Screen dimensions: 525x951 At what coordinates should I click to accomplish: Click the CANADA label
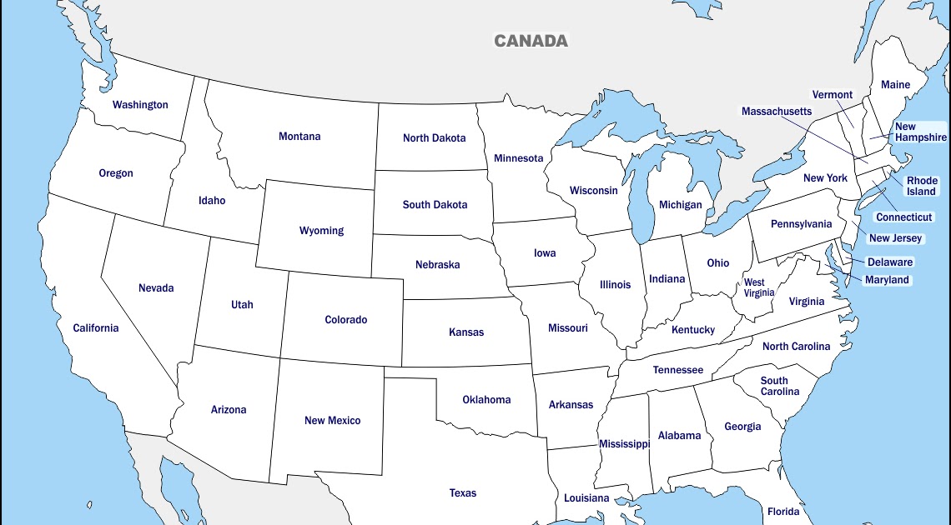click(531, 41)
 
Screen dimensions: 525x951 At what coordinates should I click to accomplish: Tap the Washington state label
click(140, 105)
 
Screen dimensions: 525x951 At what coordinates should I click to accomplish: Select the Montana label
click(299, 137)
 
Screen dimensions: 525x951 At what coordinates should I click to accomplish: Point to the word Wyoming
click(321, 231)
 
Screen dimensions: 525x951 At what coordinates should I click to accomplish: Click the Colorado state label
click(345, 320)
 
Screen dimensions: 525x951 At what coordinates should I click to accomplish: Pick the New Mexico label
click(332, 421)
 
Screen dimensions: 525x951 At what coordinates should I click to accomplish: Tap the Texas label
click(463, 493)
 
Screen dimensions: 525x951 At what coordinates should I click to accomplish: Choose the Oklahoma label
click(486, 400)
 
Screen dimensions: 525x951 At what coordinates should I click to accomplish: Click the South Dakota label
click(435, 205)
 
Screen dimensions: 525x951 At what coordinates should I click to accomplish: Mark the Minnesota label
click(518, 158)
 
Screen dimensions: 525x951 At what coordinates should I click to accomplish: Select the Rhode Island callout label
click(922, 186)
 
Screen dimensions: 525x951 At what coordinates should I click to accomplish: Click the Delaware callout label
click(890, 262)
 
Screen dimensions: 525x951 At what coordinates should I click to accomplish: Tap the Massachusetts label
click(776, 112)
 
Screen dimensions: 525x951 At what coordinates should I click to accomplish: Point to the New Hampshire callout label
click(920, 132)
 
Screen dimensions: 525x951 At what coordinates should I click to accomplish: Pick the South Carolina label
click(779, 387)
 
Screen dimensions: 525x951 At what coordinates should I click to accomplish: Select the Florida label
click(783, 512)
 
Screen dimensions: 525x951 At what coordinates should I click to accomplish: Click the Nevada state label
click(156, 288)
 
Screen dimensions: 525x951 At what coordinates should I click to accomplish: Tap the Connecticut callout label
click(903, 217)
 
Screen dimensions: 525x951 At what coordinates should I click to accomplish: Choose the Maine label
click(895, 85)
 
